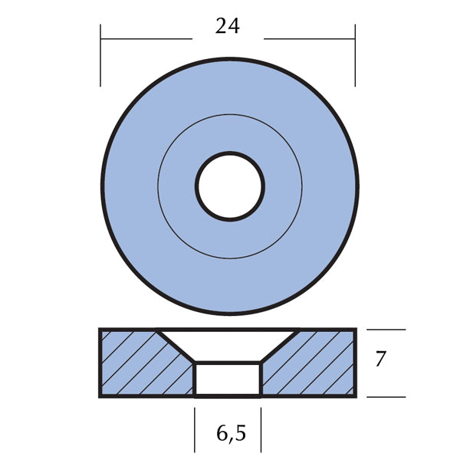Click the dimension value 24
coord(228,27)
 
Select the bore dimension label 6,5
coord(228,434)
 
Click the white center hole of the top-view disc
coord(230,186)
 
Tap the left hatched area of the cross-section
coord(138,364)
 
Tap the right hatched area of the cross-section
coord(314,364)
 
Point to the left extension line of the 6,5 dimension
coord(195,429)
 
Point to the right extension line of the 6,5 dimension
coord(261,429)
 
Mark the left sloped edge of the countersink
coord(176,346)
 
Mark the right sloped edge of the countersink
coord(280,346)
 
